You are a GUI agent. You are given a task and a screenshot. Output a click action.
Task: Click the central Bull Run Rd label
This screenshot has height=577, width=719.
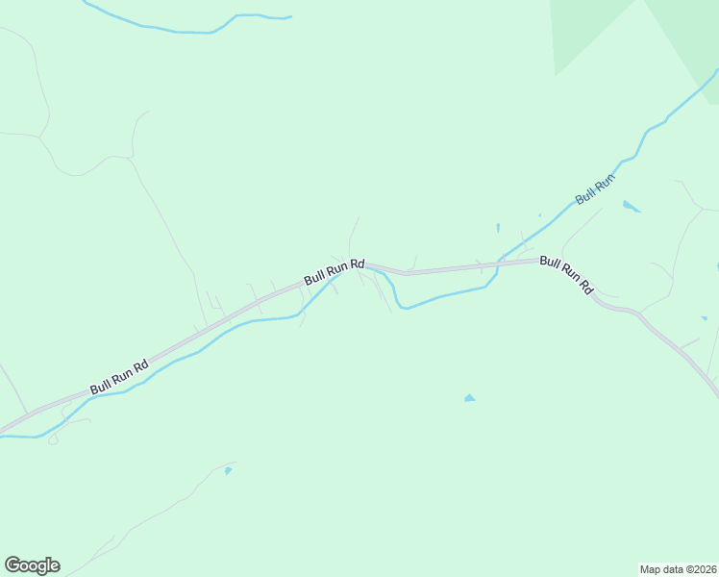pos(335,270)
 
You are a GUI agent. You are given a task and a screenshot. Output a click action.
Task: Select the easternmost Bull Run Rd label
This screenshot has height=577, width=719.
pos(567,274)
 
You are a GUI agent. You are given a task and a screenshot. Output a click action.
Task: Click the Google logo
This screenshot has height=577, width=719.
pos(32,565)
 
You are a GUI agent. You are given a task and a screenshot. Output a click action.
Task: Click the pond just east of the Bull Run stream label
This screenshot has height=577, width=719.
pos(630,205)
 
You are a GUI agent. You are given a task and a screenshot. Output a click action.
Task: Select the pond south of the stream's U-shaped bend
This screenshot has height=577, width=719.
pos(469,397)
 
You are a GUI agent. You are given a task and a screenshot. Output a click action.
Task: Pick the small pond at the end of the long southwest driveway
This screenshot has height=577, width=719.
pos(227,470)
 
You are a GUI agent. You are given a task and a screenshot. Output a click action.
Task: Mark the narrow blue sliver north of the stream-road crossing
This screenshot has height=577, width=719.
pos(498,228)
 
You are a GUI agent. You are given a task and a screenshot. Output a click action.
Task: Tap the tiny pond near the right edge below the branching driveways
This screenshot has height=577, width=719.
pos(705,317)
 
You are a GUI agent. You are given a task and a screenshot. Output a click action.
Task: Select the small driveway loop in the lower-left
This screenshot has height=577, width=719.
pos(53,439)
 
